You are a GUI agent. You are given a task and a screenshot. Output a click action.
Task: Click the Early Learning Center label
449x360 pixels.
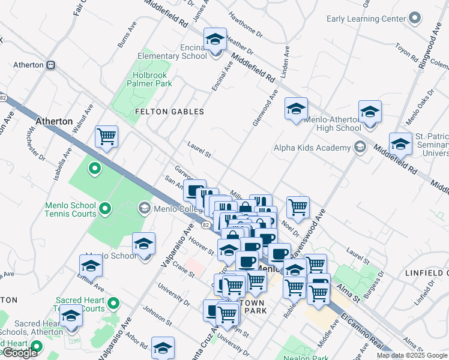(366, 19)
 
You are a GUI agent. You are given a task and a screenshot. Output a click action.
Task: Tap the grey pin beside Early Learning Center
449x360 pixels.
(414, 18)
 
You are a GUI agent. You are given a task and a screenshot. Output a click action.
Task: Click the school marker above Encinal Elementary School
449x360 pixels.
(215, 40)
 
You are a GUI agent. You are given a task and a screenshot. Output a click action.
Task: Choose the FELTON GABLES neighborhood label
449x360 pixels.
(169, 112)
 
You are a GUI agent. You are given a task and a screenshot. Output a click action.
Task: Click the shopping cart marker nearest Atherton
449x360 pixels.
(106, 137)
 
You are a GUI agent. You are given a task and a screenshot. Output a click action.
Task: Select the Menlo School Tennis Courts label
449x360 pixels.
(70, 209)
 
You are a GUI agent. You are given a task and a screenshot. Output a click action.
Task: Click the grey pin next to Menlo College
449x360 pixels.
(144, 208)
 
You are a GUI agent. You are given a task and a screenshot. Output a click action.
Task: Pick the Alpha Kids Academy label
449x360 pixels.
(312, 148)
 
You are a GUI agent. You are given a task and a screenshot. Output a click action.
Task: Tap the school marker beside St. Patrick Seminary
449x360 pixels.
(400, 145)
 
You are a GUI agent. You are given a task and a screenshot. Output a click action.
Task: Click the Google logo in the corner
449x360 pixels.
(20, 353)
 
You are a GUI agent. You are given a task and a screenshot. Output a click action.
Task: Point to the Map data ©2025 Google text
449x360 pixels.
(411, 355)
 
